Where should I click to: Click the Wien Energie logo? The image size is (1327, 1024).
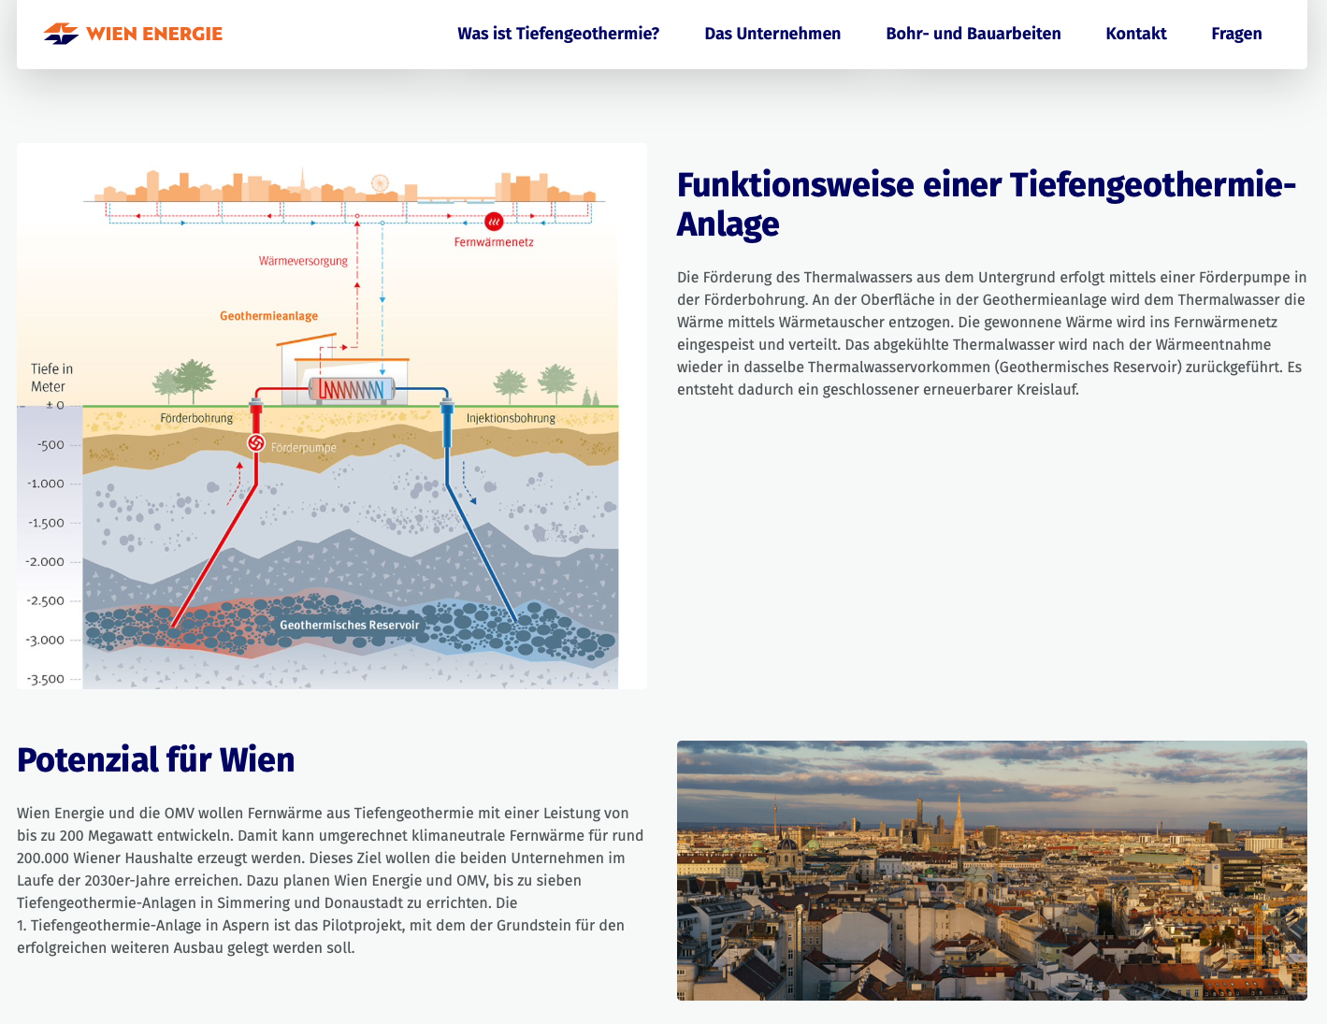click(x=133, y=34)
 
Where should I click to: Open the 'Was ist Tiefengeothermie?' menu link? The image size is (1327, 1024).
click(x=558, y=34)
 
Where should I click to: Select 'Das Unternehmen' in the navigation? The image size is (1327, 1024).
click(x=772, y=34)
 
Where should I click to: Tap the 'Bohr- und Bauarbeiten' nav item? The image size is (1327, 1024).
click(x=974, y=34)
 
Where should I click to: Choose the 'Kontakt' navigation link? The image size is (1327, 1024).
click(x=1136, y=34)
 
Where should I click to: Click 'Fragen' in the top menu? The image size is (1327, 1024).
click(x=1236, y=34)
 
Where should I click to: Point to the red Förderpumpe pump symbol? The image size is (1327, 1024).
click(x=256, y=442)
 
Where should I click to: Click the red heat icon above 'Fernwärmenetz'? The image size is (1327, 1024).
click(x=494, y=222)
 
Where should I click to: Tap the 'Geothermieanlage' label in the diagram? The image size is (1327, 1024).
click(x=269, y=316)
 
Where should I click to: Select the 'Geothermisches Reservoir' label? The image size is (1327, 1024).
click(x=350, y=625)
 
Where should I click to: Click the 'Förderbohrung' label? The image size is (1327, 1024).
click(x=196, y=418)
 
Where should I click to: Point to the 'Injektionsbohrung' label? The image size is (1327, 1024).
click(x=511, y=418)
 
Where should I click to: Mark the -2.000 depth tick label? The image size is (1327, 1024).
click(x=45, y=562)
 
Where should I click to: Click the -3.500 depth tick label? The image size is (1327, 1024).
click(x=45, y=679)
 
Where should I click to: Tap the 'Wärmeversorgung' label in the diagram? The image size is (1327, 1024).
click(x=303, y=261)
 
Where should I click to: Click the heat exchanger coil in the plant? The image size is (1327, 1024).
click(x=352, y=389)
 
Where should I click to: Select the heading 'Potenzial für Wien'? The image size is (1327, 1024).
click(x=156, y=759)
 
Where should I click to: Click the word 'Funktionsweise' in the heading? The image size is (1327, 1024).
click(x=795, y=185)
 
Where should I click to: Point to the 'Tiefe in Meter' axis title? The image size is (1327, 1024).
click(x=51, y=378)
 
